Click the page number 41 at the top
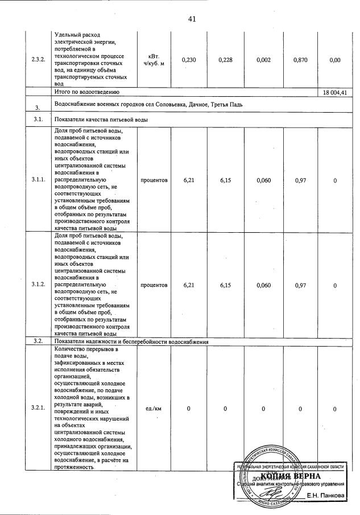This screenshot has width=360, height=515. point(192,19)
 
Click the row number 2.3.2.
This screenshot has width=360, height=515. point(39,60)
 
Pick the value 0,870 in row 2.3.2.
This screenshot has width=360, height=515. point(301,60)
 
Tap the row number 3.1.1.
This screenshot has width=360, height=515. point(39,180)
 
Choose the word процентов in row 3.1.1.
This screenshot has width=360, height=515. point(154,180)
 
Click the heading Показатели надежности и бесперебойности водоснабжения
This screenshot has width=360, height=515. point(131,341)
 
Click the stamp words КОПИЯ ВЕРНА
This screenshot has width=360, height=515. point(290,476)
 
